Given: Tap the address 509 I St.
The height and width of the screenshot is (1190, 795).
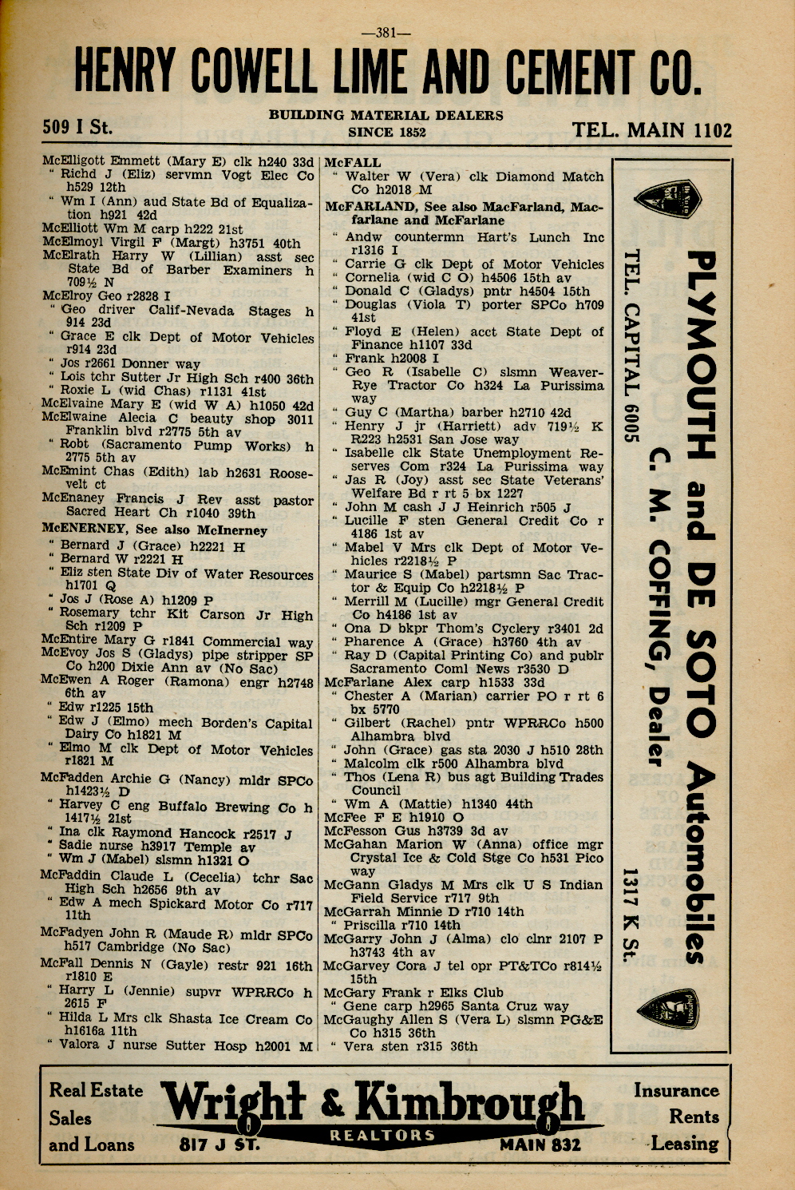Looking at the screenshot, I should (x=77, y=127).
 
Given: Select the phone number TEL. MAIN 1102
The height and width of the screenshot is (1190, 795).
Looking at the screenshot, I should (x=651, y=131).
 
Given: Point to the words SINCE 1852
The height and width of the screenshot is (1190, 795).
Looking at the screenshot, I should (x=386, y=133).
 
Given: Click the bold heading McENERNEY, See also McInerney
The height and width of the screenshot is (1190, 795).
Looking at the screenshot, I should (x=155, y=530).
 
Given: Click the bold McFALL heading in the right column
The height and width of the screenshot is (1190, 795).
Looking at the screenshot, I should (x=353, y=163).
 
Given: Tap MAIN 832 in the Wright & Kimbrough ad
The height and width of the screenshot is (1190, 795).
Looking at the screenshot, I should (x=540, y=1145).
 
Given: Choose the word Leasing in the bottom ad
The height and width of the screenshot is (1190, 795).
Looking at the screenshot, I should (x=684, y=1144).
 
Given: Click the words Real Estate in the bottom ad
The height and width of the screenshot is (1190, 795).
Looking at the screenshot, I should (x=96, y=1091).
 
